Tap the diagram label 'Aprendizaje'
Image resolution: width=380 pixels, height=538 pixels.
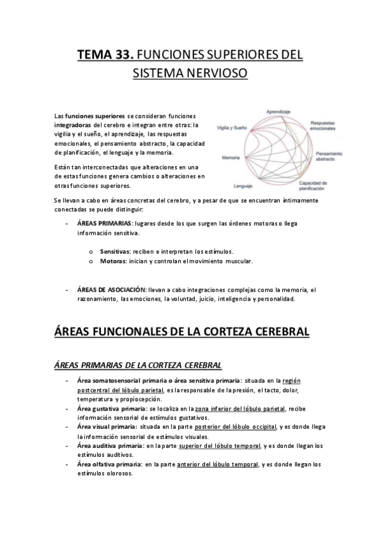click(x=278, y=111)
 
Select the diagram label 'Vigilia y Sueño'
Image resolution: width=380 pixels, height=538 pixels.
click(x=233, y=128)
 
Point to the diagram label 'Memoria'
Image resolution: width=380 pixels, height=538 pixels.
click(x=231, y=157)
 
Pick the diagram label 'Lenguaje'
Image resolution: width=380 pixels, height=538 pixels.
click(x=244, y=186)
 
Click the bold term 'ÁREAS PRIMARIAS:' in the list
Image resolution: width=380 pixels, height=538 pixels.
click(x=104, y=223)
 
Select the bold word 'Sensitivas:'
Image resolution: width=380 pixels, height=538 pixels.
click(x=115, y=251)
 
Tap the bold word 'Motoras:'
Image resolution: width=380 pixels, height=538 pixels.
click(x=112, y=261)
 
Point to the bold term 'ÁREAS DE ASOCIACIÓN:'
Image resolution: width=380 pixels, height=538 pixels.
click(x=111, y=289)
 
